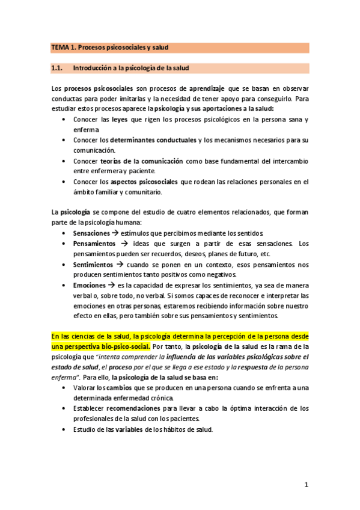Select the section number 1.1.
(58, 68)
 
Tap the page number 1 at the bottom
(306, 485)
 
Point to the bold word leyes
(120, 119)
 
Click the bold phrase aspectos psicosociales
(145, 182)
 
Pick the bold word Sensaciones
(91, 233)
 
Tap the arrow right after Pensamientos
(120, 244)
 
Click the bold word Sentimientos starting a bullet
(93, 264)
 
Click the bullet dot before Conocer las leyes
(65, 119)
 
